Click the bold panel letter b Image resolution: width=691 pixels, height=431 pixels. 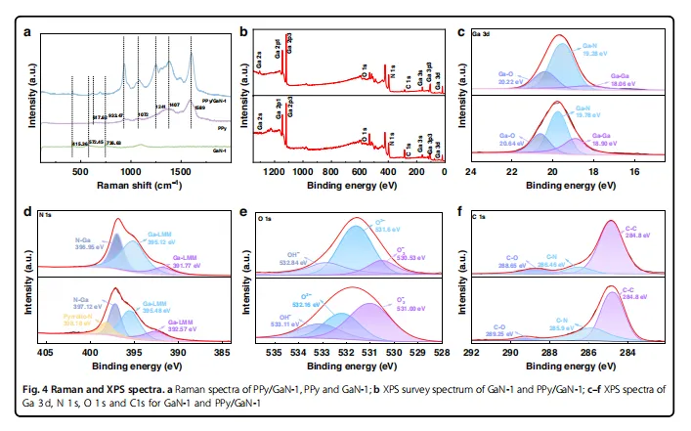tap(243, 31)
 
